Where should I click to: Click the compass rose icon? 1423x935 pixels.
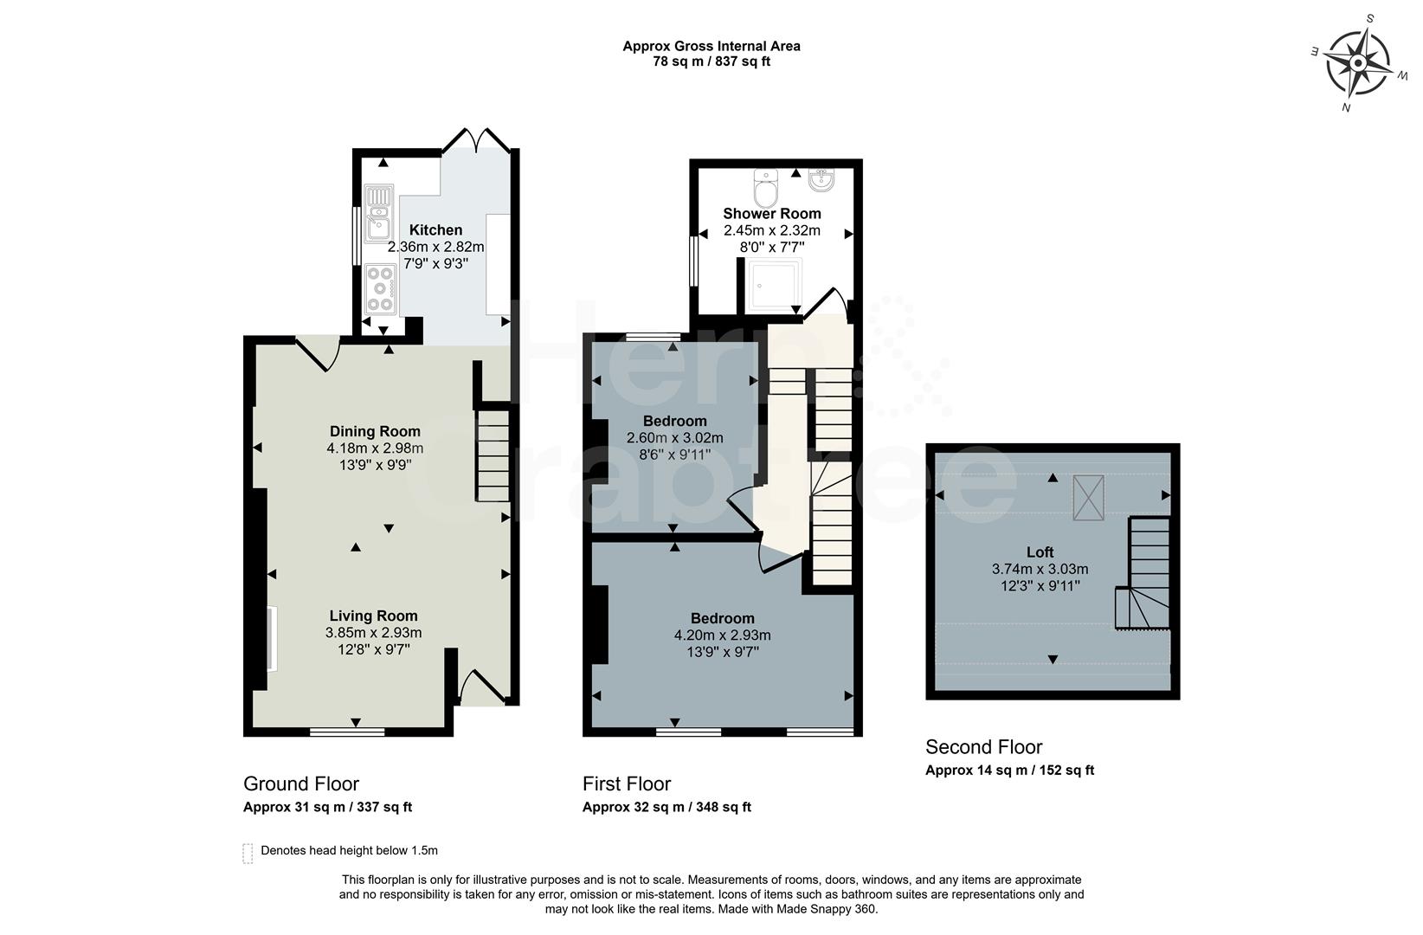point(1358,63)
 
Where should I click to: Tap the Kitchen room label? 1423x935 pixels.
point(435,230)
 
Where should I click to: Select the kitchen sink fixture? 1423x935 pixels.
point(378,213)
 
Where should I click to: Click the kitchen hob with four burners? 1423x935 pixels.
point(380,288)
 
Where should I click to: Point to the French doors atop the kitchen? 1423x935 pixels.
point(475,142)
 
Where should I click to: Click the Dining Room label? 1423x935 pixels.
point(375,431)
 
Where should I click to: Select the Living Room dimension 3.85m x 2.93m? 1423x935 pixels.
point(373,633)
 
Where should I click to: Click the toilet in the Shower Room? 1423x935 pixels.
point(766,187)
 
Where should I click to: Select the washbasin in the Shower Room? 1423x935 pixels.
point(821,180)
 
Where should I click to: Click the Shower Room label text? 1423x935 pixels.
point(772,214)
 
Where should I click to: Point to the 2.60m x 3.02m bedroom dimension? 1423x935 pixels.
point(674,438)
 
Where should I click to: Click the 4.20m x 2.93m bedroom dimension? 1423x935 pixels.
point(722,635)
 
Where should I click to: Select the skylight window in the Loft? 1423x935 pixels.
point(1088,497)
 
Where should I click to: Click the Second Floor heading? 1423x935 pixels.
point(983,747)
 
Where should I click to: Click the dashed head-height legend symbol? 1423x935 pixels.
point(248,853)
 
